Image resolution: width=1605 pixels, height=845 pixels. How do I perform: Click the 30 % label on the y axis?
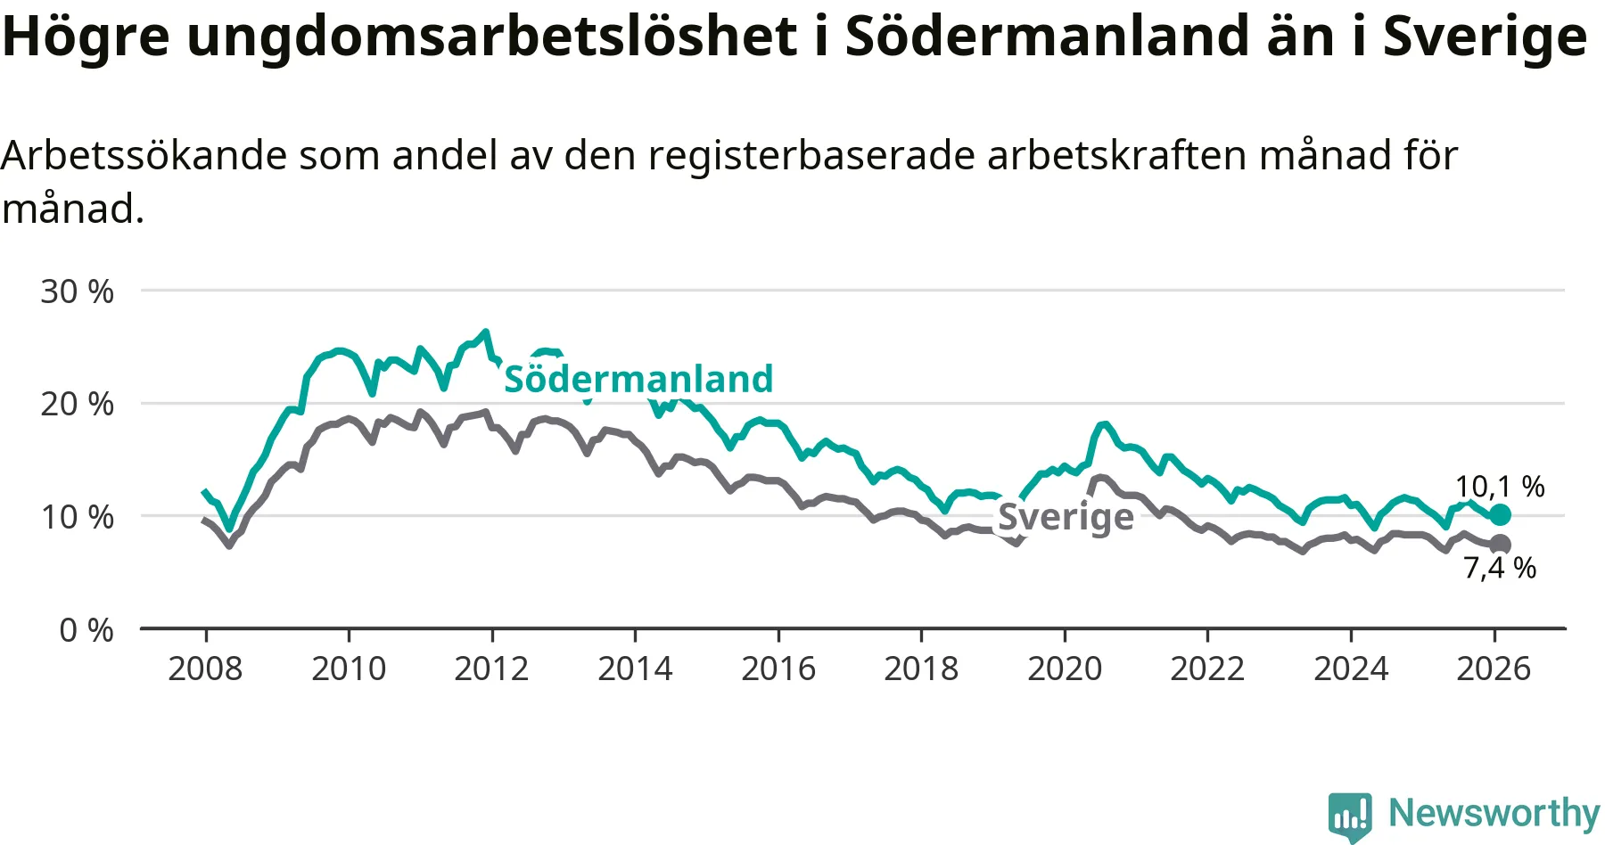[78, 291]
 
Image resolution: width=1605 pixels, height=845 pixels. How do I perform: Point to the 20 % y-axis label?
[78, 404]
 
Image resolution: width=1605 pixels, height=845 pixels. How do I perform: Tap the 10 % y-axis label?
[78, 517]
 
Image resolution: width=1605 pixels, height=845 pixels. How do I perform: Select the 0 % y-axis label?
[86, 630]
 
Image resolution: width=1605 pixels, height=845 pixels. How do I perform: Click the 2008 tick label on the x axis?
[205, 669]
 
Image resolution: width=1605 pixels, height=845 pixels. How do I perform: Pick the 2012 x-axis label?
[491, 669]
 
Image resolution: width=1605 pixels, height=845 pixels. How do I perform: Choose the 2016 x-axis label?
[778, 669]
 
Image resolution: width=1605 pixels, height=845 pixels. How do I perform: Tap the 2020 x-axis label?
[1065, 669]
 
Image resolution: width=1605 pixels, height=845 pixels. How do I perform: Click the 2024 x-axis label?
[1351, 669]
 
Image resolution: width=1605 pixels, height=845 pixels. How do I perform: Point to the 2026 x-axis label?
[1494, 669]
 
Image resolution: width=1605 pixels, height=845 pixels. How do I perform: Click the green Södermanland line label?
[638, 379]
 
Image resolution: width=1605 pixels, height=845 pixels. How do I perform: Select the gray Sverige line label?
[1066, 516]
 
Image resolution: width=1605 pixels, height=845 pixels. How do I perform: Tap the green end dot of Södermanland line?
[1501, 515]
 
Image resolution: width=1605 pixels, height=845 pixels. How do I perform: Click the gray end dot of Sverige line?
[1501, 545]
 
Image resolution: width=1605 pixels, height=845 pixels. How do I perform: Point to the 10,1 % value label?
[1500, 487]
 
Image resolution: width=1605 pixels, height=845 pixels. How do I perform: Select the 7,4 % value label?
[1500, 568]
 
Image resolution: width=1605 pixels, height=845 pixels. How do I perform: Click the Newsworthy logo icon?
[1350, 816]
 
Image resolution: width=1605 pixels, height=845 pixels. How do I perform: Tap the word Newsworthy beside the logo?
[1494, 813]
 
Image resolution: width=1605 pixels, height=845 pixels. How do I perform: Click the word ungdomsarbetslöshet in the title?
[491, 37]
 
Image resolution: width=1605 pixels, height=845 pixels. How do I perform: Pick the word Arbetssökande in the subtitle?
[144, 156]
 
